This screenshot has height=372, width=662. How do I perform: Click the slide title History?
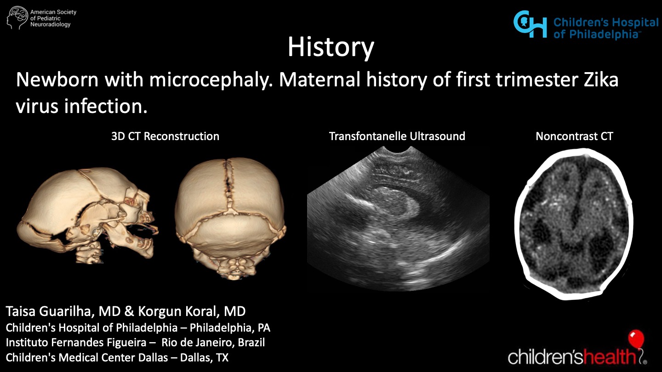pos(331,47)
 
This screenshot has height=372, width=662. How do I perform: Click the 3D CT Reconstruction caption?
pos(165,136)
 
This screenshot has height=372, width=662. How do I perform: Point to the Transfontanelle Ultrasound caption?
pos(397,136)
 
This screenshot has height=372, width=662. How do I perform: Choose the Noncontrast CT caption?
pos(574,136)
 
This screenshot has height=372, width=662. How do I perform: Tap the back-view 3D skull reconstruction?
pos(230,219)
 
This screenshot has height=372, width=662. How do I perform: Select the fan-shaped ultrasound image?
pos(398,219)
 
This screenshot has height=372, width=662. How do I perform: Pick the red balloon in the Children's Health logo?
pos(636,338)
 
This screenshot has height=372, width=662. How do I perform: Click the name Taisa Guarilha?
pos(49,311)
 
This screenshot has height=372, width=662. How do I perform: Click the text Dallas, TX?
pos(205,357)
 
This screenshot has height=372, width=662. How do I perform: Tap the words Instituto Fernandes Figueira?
pos(76,343)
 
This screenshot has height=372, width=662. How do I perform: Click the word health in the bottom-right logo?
pos(610,356)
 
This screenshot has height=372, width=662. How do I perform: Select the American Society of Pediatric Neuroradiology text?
pos(53,18)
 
